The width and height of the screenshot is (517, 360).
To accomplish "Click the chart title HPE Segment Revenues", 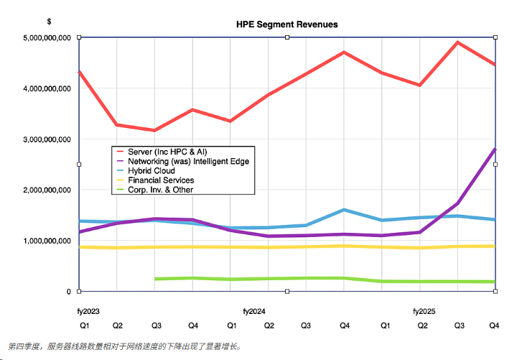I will pyautogui.click(x=287, y=24).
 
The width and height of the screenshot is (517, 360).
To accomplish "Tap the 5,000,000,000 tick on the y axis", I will pyautogui.click(x=47, y=37).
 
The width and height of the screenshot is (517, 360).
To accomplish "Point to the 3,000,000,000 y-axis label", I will pyautogui.click(x=47, y=139).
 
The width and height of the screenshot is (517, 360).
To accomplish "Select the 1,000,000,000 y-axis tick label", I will pyautogui.click(x=47, y=241).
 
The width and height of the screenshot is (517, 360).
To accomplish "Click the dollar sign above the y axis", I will pyautogui.click(x=49, y=22).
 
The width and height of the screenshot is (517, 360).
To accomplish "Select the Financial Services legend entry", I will pyautogui.click(x=161, y=180).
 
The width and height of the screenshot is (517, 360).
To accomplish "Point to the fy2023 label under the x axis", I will pyautogui.click(x=89, y=312).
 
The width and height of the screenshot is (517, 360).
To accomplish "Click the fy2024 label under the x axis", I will pyautogui.click(x=254, y=312).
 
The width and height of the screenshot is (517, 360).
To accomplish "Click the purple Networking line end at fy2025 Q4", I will pyautogui.click(x=495, y=149).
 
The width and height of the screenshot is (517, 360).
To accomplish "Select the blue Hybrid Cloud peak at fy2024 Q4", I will pyautogui.click(x=345, y=210).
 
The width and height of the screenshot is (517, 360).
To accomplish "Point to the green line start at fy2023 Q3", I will pyautogui.click(x=156, y=279).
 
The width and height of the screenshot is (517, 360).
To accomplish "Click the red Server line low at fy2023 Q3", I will pyautogui.click(x=154, y=130).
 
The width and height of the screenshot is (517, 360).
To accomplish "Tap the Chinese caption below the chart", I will pyautogui.click(x=125, y=346).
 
